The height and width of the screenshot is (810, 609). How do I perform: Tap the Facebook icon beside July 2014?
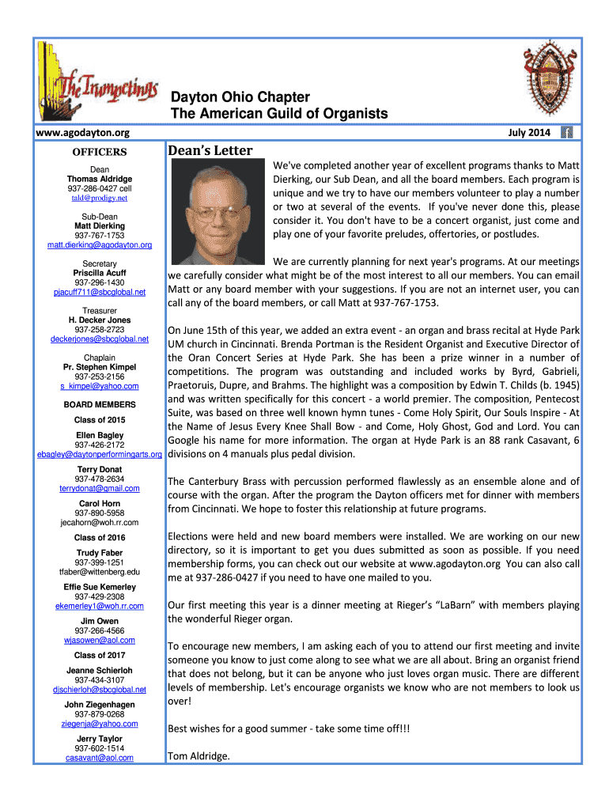tap(566, 133)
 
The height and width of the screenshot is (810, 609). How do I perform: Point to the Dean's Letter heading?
tap(210, 150)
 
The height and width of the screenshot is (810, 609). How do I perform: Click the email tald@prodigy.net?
tap(100, 198)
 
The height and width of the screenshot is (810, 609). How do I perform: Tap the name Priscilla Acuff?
tap(100, 273)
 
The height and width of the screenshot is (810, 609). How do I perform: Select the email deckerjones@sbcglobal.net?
tap(100, 339)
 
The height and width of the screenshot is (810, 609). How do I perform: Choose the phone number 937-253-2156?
tap(100, 377)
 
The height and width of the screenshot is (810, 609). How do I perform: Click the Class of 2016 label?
tap(100, 537)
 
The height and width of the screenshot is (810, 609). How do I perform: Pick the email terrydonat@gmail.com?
tap(100, 488)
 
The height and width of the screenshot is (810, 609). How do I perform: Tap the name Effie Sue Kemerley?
tap(100, 587)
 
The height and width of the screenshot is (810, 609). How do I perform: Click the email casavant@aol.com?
tap(100, 757)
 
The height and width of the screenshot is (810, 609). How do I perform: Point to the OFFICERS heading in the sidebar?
tap(100, 151)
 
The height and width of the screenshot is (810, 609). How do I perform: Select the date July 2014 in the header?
tap(529, 133)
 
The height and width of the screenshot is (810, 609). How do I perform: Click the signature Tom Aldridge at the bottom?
tap(199, 756)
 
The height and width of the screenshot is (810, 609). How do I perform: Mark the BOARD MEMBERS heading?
tap(100, 404)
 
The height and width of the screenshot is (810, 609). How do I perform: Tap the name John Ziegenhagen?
tap(100, 704)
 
